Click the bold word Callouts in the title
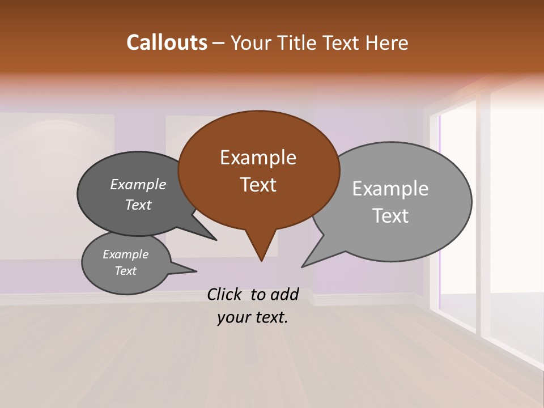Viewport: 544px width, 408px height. click(167, 42)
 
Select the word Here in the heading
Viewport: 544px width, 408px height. click(386, 42)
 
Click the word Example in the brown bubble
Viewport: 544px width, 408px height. click(258, 158)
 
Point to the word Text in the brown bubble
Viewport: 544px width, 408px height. click(258, 185)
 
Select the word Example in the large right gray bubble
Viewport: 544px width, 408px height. click(390, 188)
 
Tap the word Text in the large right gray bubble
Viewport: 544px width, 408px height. click(390, 216)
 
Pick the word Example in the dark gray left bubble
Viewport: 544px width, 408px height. click(138, 184)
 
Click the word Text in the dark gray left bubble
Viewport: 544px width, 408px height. click(138, 205)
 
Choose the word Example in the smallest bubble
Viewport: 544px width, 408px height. click(125, 254)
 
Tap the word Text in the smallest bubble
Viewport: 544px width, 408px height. click(125, 271)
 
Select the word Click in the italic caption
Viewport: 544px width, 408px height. click(225, 294)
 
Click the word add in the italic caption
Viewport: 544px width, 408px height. click(284, 294)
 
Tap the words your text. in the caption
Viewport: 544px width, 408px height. click(253, 317)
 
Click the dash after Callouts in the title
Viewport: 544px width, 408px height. click(219, 42)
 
